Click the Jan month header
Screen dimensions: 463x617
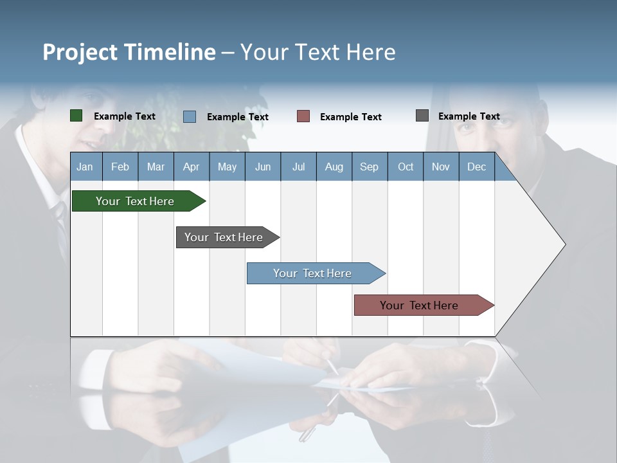point(85,167)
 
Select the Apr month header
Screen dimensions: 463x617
point(192,167)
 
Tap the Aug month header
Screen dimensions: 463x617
point(334,167)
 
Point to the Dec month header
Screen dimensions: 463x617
point(476,167)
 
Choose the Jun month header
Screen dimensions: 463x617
point(263,167)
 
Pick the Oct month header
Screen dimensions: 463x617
point(406,167)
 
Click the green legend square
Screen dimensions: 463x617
point(76,116)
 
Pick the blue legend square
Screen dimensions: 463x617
point(190,116)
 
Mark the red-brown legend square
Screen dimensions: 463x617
point(303,116)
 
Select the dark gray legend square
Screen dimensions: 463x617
point(422,116)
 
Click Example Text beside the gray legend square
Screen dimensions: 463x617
point(469,116)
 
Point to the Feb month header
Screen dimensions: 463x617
point(120,167)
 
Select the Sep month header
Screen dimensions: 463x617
point(369,167)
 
